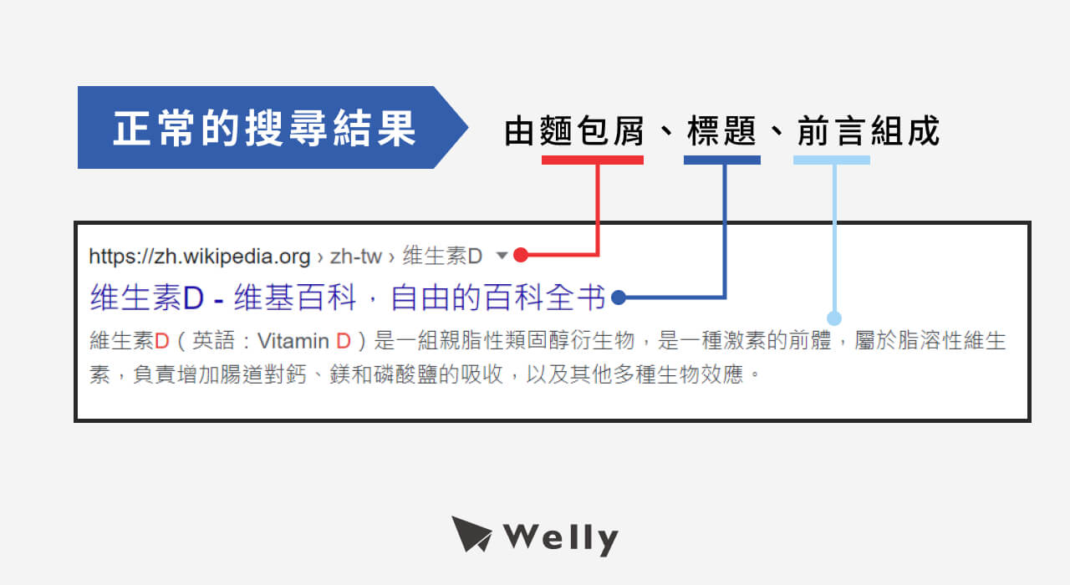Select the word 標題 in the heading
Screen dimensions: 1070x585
(x=721, y=131)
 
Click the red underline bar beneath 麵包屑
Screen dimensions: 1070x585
(x=592, y=160)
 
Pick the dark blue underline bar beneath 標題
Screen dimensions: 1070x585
(x=721, y=160)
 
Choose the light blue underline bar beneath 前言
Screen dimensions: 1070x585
(x=831, y=160)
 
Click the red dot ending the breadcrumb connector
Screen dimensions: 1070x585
(x=520, y=254)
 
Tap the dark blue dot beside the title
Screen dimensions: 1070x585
(x=619, y=297)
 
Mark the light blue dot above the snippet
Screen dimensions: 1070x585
(x=833, y=318)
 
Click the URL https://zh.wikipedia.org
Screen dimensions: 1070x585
(x=200, y=255)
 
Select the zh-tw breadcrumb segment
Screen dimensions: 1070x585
(x=356, y=255)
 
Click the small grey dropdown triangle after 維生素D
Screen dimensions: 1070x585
(x=501, y=255)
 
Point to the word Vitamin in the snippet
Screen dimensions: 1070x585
(x=293, y=341)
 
